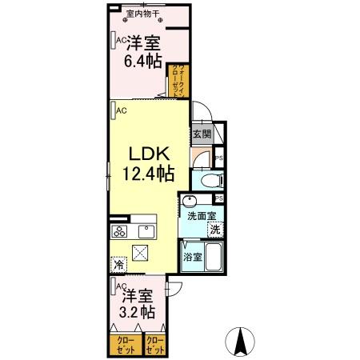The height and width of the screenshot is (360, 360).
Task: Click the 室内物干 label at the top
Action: pyautogui.click(x=144, y=14)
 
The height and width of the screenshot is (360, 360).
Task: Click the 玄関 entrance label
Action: pyautogui.click(x=200, y=134)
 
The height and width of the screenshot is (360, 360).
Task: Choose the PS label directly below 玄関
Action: pyautogui.click(x=218, y=160)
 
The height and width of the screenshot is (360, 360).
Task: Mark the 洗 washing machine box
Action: pyautogui.click(x=214, y=230)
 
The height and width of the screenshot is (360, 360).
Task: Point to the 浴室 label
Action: pyautogui.click(x=191, y=257)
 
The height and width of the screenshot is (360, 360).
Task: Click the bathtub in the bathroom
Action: pyautogui.click(x=213, y=258)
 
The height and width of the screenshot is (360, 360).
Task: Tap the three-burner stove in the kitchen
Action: pyautogui.click(x=121, y=232)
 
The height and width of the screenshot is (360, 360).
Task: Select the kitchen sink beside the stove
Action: pyautogui.click(x=146, y=232)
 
